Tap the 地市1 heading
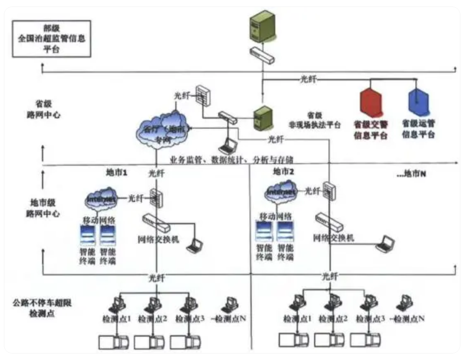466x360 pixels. [x=117, y=172]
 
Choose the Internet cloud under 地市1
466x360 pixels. [x=101, y=198]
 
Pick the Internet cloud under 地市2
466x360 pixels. [x=282, y=192]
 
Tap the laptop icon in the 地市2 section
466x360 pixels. [x=385, y=244]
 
